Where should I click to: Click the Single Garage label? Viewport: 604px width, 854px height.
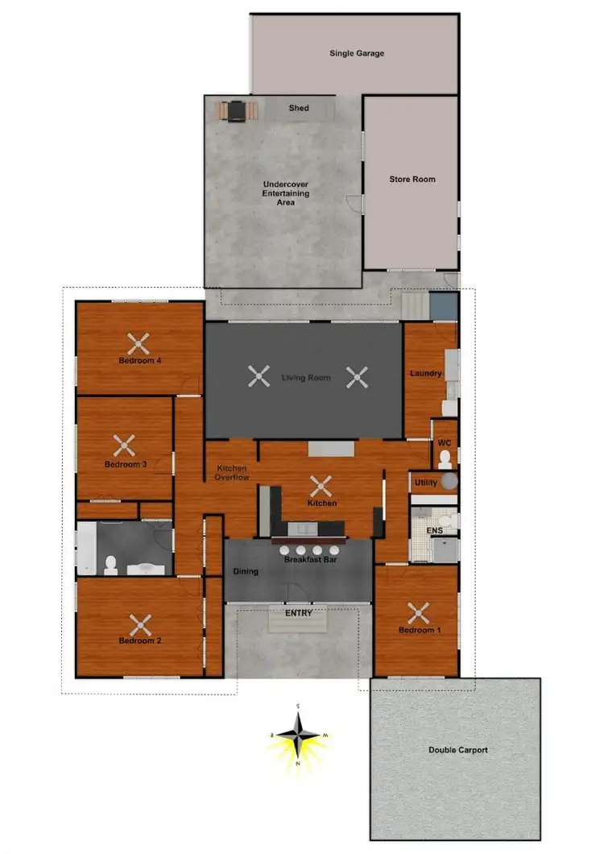coord(357,54)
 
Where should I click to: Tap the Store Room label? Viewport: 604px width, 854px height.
coord(412,180)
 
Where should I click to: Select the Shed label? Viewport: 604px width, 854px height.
coord(299,108)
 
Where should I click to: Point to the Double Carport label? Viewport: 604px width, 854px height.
coord(458,750)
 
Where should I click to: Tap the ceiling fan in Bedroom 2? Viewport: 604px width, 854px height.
coord(141,624)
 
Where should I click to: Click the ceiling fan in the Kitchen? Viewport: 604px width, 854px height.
coord(321,486)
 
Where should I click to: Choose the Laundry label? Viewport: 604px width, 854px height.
coord(425,374)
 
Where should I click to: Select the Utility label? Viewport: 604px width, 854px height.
coord(425,483)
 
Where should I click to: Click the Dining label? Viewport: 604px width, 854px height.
coord(246,572)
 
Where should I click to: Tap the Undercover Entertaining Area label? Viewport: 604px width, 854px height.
coord(286,193)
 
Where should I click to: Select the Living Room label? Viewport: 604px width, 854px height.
coord(306,377)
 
